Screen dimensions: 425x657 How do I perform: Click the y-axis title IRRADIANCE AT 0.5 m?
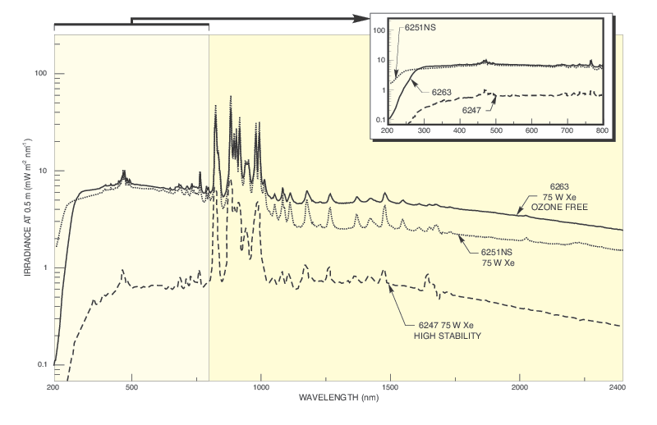[x=28, y=220]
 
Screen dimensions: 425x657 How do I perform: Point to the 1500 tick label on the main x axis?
[x=391, y=386]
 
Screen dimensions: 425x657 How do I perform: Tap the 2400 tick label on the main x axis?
[x=623, y=386]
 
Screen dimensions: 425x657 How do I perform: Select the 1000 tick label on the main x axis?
[x=261, y=386]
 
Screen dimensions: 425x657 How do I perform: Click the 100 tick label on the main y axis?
[x=37, y=74]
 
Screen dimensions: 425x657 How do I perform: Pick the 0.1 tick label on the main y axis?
[x=39, y=364]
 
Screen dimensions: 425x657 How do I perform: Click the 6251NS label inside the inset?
[x=419, y=28]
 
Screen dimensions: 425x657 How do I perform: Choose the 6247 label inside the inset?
[x=474, y=109]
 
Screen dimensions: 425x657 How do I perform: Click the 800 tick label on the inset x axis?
[x=601, y=131]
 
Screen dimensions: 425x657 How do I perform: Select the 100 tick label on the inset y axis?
[x=379, y=30]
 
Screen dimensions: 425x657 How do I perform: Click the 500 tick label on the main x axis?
[x=131, y=386]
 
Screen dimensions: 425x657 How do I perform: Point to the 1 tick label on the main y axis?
[x=43, y=267]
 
